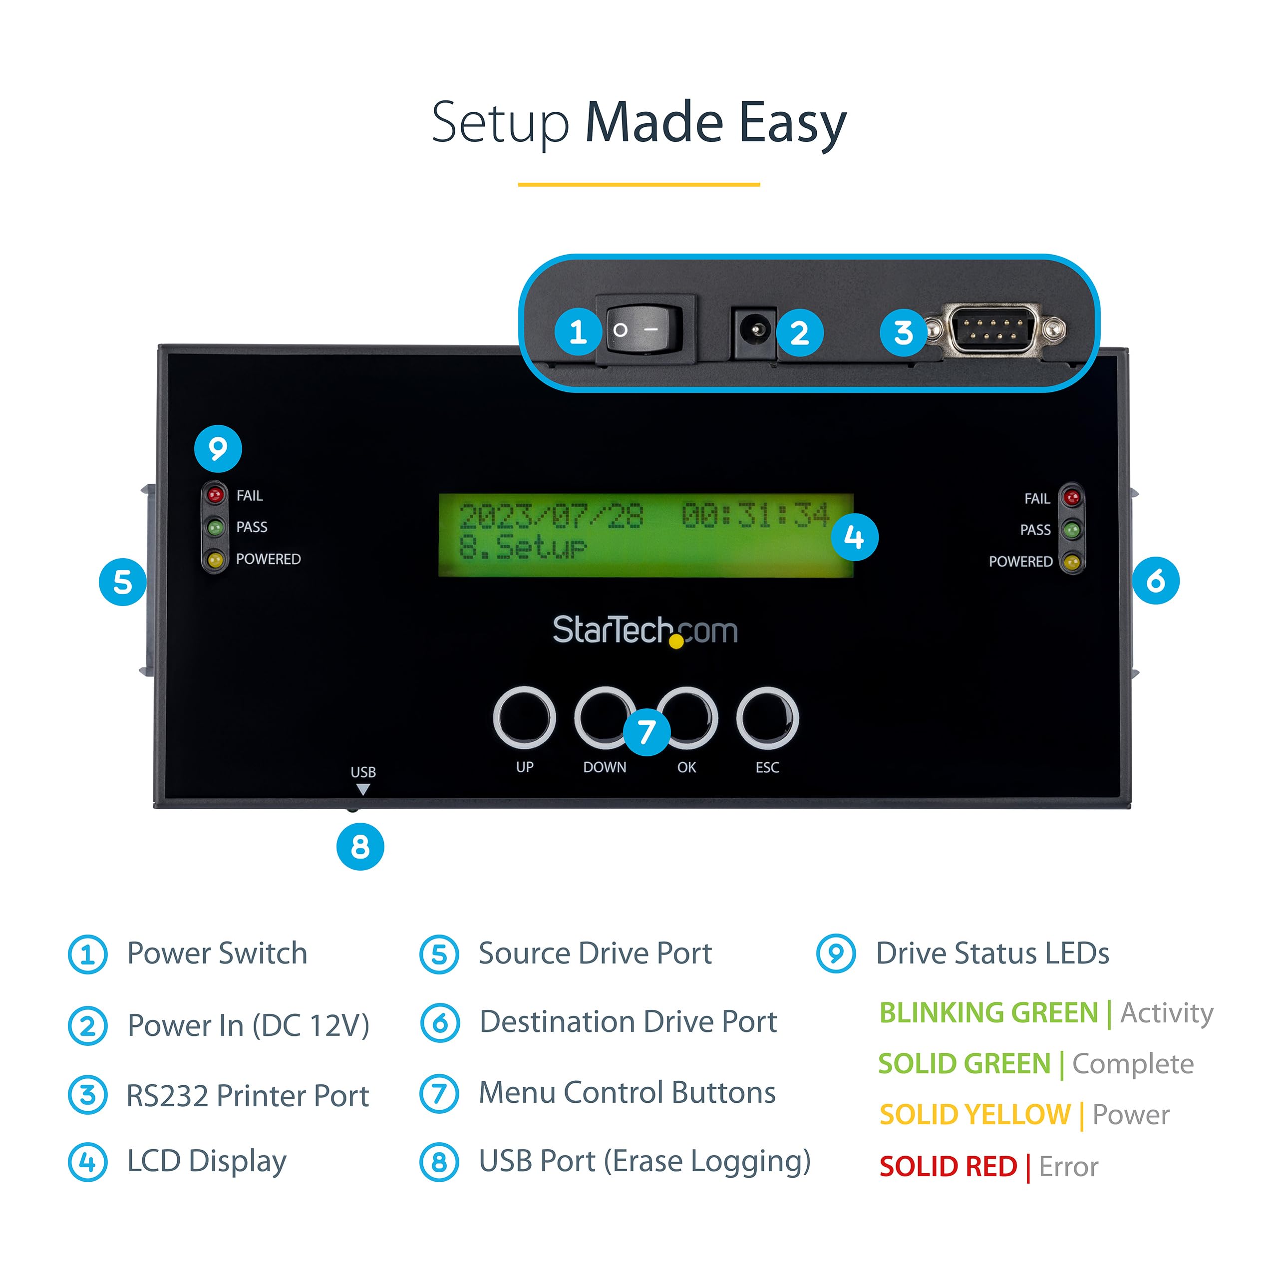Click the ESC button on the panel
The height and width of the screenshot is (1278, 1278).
pos(767,718)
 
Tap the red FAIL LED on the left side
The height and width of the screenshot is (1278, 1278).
pos(215,494)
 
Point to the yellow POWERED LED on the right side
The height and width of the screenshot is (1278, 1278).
pos(1072,562)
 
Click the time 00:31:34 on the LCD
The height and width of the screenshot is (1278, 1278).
pos(755,515)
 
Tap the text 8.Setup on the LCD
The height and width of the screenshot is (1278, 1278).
pos(523,547)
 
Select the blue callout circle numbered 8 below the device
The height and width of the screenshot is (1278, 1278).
pos(360,846)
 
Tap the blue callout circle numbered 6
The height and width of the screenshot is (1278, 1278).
pos(1155,581)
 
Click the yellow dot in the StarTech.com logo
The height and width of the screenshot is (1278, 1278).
pos(676,641)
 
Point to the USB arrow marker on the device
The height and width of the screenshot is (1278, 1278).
pos(362,789)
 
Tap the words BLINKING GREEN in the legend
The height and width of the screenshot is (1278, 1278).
pos(988,1013)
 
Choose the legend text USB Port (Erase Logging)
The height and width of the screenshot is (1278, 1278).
pos(644,1161)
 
